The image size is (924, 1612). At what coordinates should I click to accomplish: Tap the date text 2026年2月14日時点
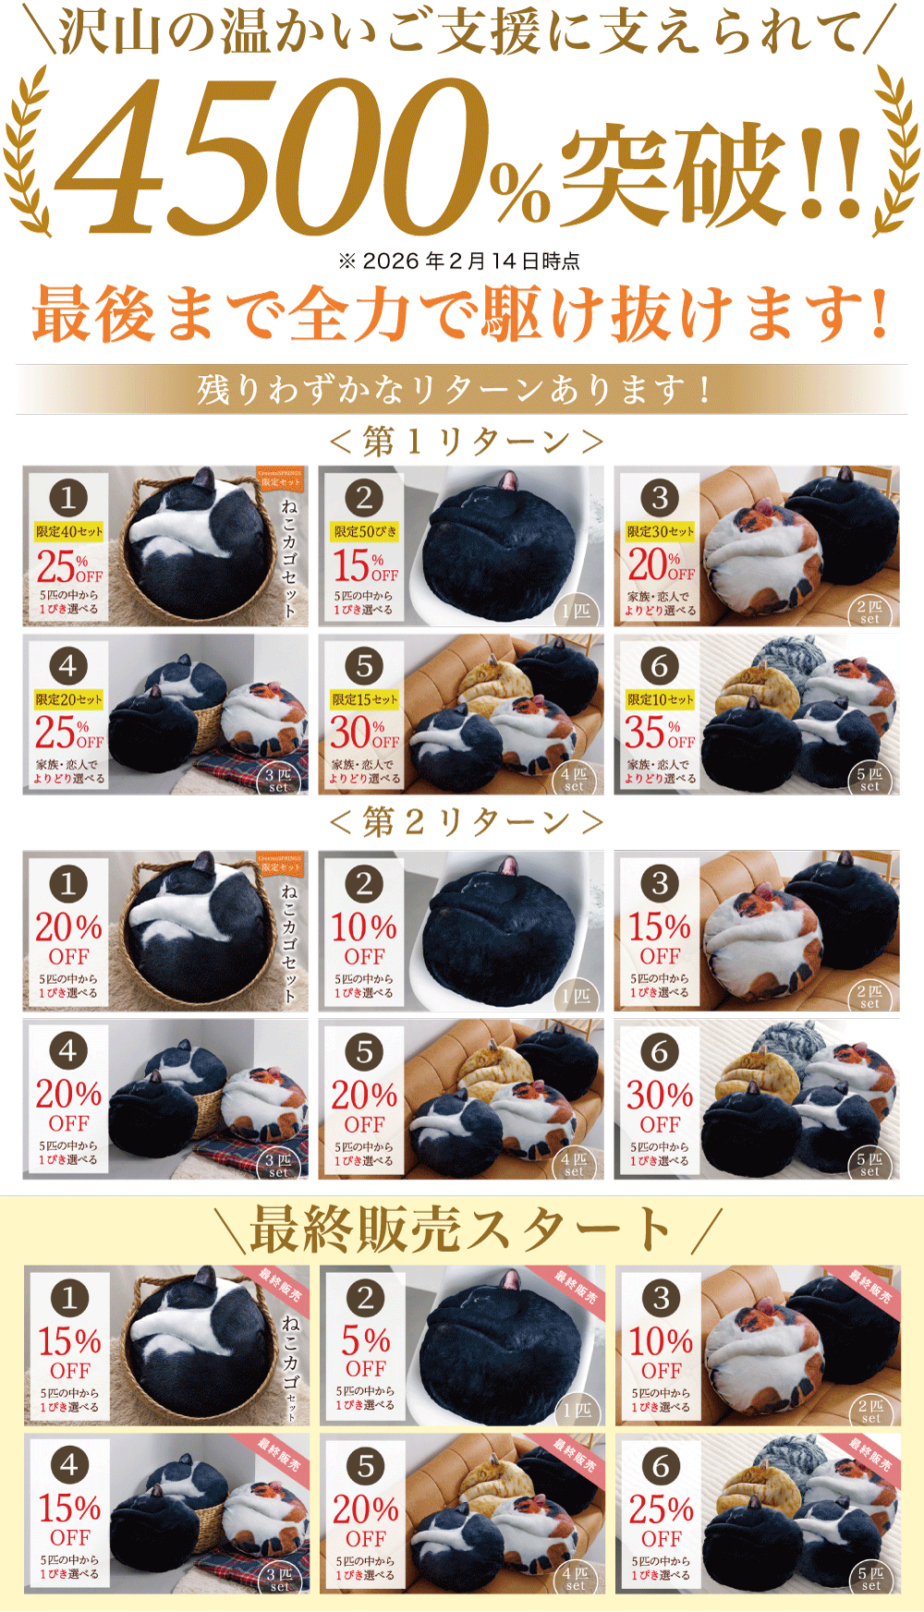pyautogui.click(x=459, y=261)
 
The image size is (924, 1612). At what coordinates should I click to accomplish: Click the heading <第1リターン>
pyautogui.click(x=466, y=442)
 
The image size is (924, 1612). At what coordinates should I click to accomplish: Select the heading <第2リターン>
pyautogui.click(x=466, y=821)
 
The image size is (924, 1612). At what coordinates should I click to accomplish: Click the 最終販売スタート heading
pyautogui.click(x=462, y=1230)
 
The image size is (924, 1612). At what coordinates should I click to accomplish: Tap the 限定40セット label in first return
pyautogui.click(x=68, y=532)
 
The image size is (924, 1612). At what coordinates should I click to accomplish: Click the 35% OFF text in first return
pyautogui.click(x=659, y=734)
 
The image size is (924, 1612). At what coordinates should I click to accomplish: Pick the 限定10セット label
pyautogui.click(x=660, y=699)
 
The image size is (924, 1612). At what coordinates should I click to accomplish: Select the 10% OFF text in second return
pyautogui.click(x=364, y=939)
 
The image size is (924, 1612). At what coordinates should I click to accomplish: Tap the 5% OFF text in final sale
pyautogui.click(x=365, y=1352)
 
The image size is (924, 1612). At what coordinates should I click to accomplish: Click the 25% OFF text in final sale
pyautogui.click(x=661, y=1521)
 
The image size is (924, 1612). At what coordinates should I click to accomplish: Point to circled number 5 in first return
pyautogui.click(x=364, y=666)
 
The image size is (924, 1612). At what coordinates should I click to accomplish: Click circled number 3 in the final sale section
pyautogui.click(x=661, y=1298)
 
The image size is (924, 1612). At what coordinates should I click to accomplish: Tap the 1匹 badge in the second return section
pyautogui.click(x=577, y=996)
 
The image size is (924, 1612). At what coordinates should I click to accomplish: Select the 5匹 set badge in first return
pyautogui.click(x=869, y=779)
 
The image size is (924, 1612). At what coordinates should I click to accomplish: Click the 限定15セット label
pyautogui.click(x=364, y=699)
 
